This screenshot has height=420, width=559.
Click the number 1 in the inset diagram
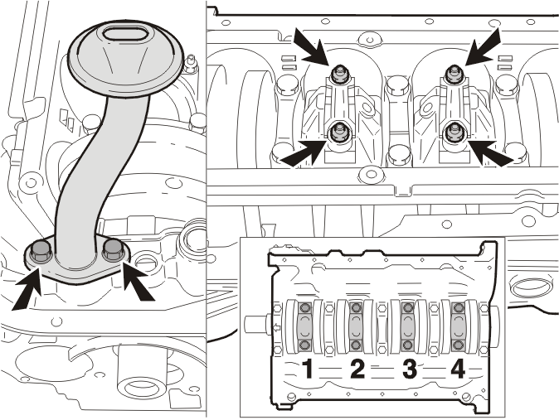point(308,369)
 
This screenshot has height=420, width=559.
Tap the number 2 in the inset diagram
point(357,369)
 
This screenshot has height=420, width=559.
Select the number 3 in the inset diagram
point(410,369)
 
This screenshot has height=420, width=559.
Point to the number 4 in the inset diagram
point(458,369)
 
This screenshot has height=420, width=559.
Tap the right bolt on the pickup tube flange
point(114,249)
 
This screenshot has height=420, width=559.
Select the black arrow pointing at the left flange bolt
point(27,289)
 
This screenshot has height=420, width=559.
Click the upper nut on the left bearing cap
point(338,75)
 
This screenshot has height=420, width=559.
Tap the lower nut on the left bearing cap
point(338,132)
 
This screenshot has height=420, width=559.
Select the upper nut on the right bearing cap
point(454,74)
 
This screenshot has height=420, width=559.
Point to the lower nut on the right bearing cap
point(454,132)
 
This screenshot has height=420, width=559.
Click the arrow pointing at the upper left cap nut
point(311,47)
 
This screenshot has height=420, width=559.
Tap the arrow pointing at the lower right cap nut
point(490,153)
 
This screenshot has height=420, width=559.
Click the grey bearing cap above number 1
point(305,326)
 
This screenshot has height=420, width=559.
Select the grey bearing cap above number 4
point(459,326)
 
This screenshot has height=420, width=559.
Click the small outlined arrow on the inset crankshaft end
point(276,326)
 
